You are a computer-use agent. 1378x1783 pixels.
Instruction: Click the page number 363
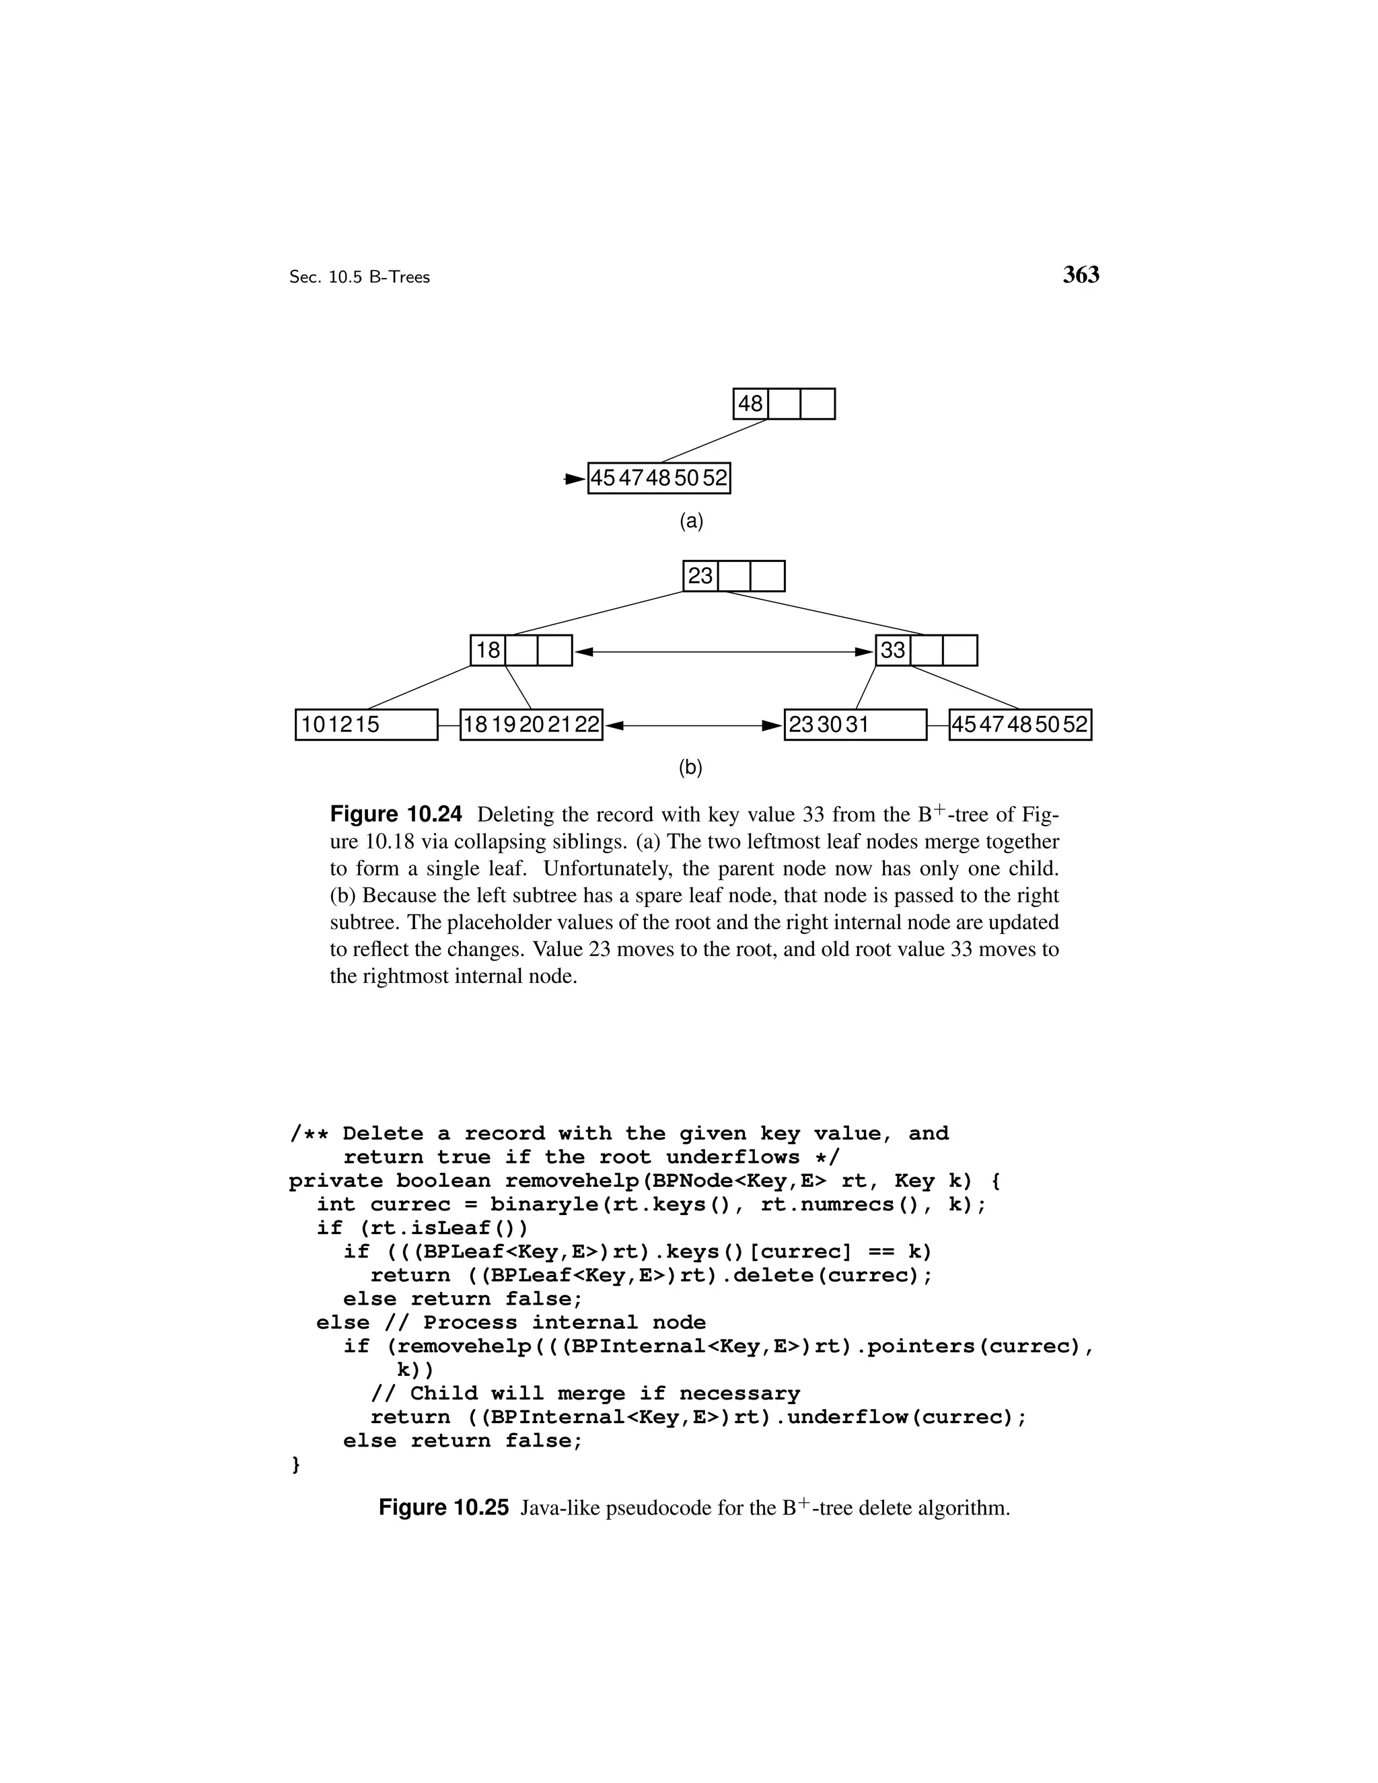click(x=1081, y=275)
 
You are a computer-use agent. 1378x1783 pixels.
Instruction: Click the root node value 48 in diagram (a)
click(x=750, y=403)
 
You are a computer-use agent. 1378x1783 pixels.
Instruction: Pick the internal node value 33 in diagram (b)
click(x=893, y=650)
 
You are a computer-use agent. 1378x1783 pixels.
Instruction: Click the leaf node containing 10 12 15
click(x=366, y=724)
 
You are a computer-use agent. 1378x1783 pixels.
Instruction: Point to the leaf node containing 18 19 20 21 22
click(x=531, y=724)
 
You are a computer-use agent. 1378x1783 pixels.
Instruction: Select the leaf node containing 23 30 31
click(x=855, y=724)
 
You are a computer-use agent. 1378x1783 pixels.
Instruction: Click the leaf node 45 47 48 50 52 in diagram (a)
click(x=659, y=478)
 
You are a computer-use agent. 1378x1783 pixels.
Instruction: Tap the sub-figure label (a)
click(x=690, y=521)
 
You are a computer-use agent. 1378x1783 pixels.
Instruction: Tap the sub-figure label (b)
click(x=690, y=768)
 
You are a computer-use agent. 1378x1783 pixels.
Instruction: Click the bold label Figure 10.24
click(x=396, y=814)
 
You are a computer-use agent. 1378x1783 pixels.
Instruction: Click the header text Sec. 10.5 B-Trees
click(x=359, y=277)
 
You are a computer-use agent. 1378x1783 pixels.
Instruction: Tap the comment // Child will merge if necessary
click(x=585, y=1393)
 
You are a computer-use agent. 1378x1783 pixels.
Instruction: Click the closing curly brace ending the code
click(x=295, y=1465)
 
